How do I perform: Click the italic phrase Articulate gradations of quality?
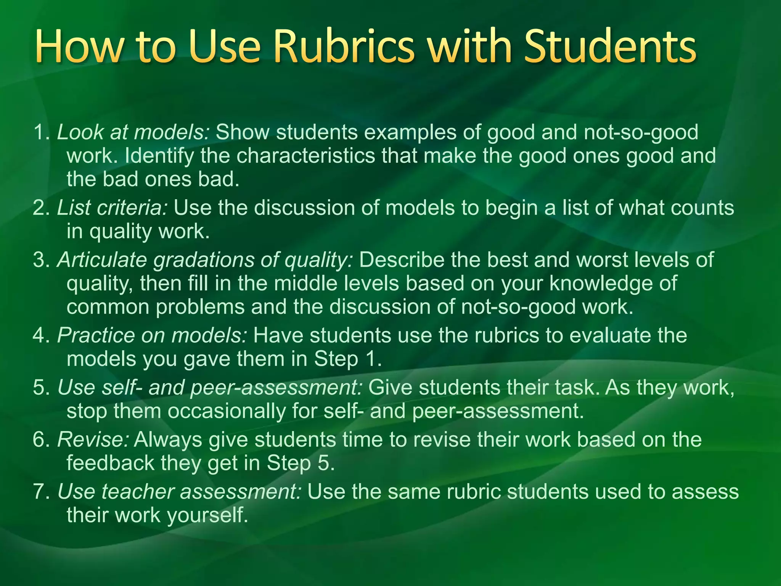pos(205,260)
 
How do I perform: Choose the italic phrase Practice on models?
pos(152,336)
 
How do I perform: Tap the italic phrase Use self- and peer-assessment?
pos(210,388)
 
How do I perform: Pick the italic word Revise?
pos(93,439)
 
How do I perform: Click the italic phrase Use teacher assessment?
pos(180,491)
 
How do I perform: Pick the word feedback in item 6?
pos(110,463)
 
